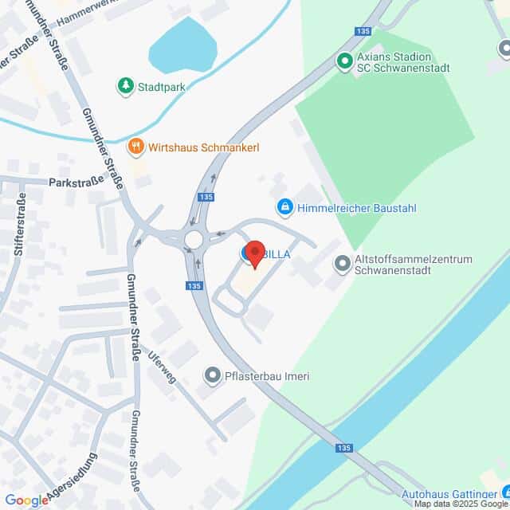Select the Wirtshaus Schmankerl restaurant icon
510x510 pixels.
coord(135,147)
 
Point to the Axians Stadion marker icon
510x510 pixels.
coord(344,61)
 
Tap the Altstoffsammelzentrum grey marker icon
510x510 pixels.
coord(343,263)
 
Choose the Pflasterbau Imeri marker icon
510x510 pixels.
coord(212,375)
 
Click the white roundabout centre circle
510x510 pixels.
coord(194,239)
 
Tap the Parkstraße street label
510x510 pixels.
coord(76,181)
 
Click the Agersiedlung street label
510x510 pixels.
coord(72,479)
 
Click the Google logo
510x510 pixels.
coord(25,500)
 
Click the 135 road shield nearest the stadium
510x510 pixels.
coord(364,31)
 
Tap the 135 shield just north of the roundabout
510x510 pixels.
coord(206,197)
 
